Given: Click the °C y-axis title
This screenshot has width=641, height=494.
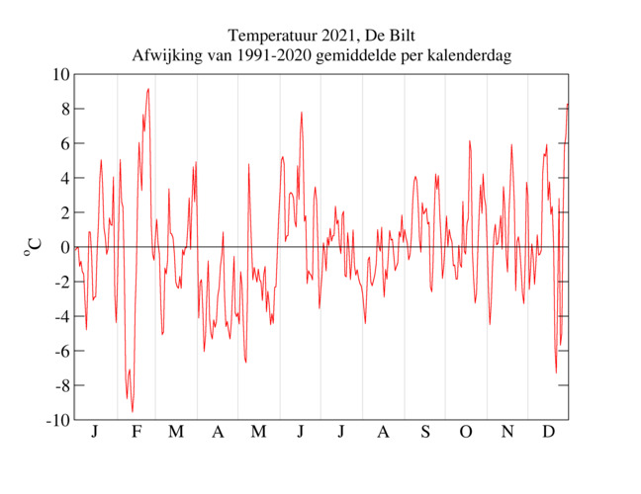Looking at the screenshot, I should [33, 246].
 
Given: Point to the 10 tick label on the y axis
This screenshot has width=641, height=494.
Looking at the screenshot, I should [60, 74].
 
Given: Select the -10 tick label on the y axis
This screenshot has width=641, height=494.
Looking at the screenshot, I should [57, 420].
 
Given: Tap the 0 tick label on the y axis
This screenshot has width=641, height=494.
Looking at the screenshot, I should [64, 247].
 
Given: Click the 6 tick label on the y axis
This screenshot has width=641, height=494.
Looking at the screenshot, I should [64, 143].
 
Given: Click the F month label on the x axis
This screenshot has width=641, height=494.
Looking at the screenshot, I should [137, 433].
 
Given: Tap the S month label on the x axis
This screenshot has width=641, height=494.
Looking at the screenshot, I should [425, 433].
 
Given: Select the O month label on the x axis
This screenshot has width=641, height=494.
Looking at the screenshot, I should [466, 433].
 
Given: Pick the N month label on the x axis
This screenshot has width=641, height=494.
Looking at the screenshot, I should [507, 433].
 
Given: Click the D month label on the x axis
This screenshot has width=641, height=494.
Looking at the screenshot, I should [548, 433].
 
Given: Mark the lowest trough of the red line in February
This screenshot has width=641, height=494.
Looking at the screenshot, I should [133, 411].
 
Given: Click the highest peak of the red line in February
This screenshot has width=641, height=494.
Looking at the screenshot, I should [148, 89].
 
